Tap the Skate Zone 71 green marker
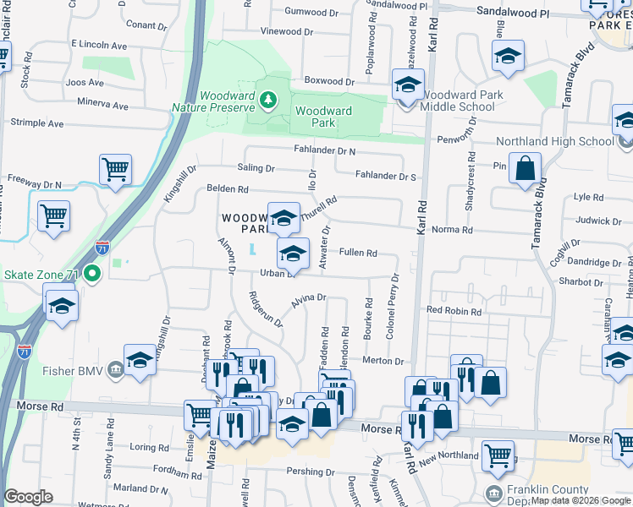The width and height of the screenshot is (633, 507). [x=96, y=274]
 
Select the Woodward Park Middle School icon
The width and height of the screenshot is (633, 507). [x=407, y=85]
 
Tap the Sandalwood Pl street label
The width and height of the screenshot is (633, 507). [x=513, y=14]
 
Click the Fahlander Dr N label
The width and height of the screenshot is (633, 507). [x=324, y=150]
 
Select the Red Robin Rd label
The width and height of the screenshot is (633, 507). [x=454, y=312]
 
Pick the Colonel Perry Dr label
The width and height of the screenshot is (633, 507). [x=393, y=307]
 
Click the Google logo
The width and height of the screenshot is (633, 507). [x=29, y=497]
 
